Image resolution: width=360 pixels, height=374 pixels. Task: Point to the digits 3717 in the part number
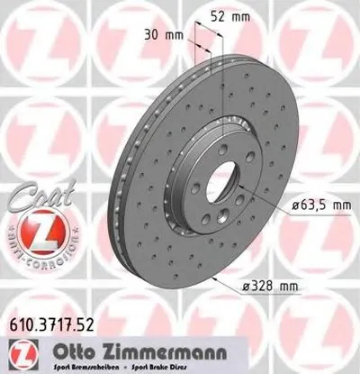coord(59,318)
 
